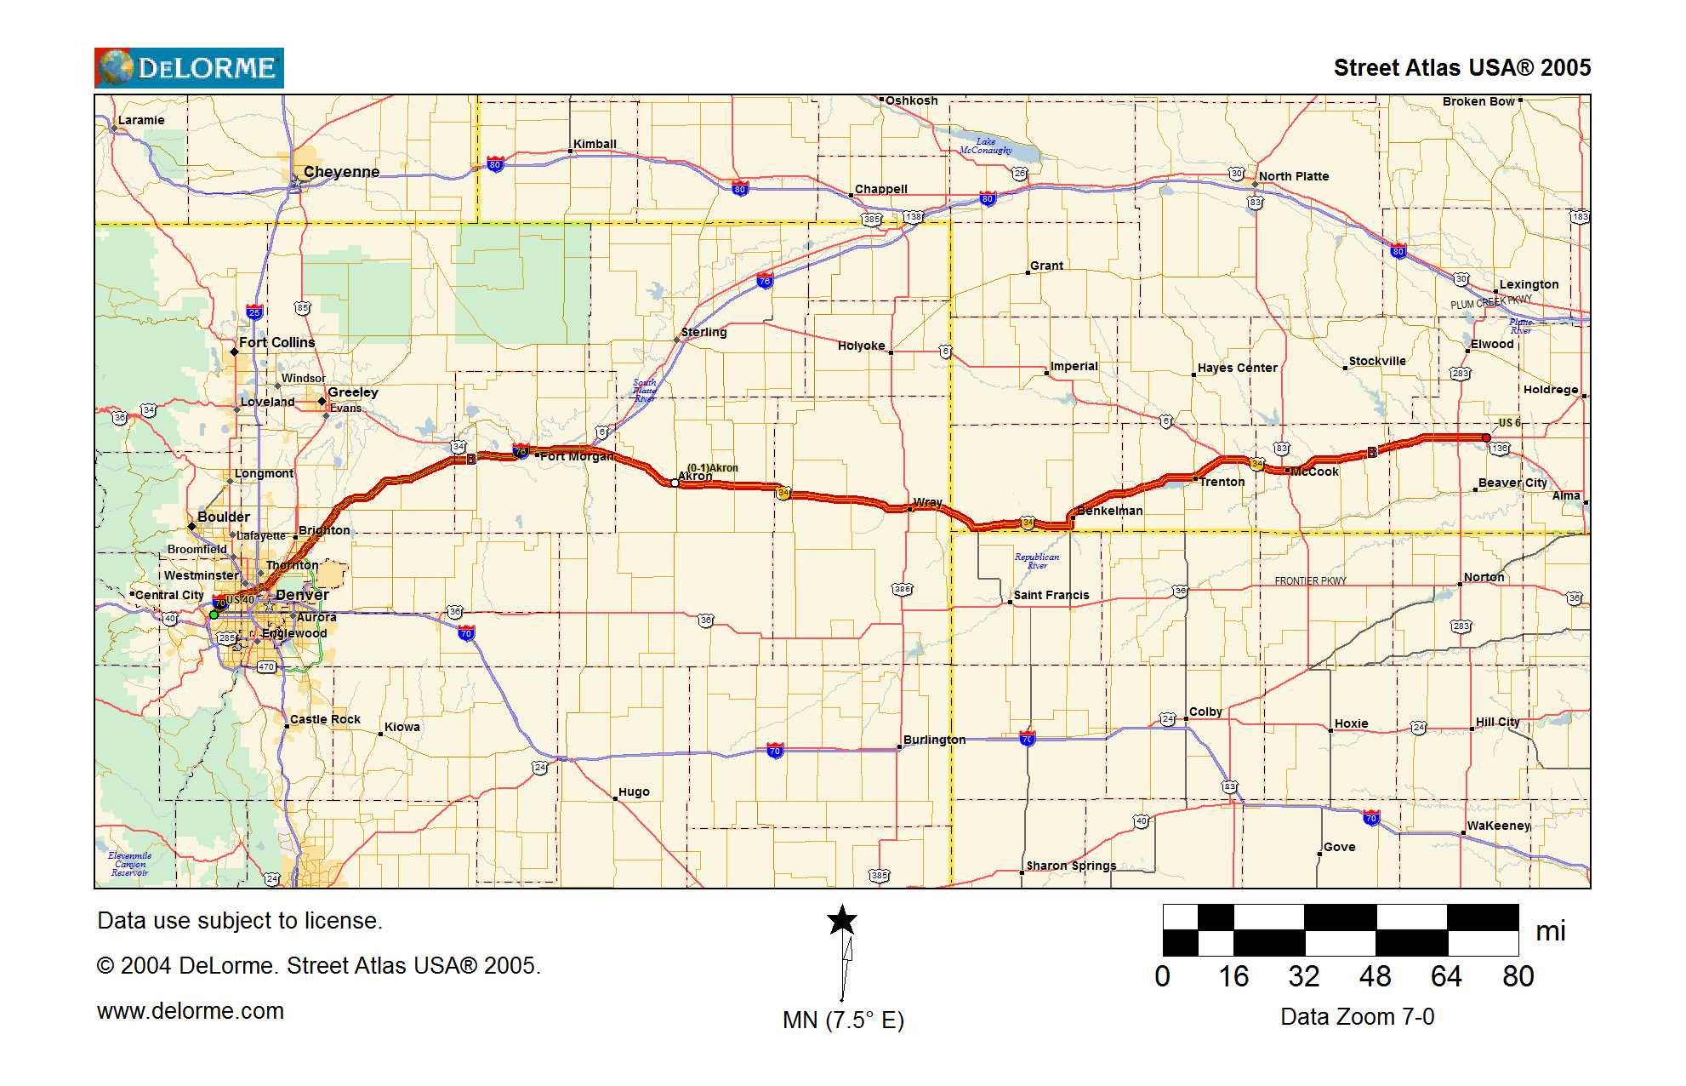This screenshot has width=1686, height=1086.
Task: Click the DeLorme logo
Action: tap(189, 68)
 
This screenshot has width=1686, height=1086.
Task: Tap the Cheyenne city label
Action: tap(341, 172)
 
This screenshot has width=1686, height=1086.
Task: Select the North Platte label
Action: tap(1293, 176)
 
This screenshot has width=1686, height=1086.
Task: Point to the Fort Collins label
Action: tap(276, 342)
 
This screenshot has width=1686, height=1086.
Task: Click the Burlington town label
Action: tap(934, 740)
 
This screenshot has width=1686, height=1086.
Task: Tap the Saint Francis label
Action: tap(1051, 595)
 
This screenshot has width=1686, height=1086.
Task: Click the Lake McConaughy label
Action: tap(986, 146)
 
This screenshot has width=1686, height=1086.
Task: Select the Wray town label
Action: tap(927, 502)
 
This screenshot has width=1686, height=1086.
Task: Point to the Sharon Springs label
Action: tap(1071, 866)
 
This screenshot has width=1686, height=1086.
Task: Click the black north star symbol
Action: tap(842, 920)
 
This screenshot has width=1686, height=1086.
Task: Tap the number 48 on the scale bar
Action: tap(1375, 976)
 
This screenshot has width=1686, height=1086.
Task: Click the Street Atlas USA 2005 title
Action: tap(1461, 68)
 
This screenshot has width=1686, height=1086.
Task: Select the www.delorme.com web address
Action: tap(191, 1011)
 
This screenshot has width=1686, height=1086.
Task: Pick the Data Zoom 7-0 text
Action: tap(1357, 1017)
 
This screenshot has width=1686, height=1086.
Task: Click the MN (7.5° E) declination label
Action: tap(843, 1020)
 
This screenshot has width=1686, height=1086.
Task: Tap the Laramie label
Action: tap(141, 120)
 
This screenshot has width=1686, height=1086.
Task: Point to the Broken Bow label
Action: tap(1478, 101)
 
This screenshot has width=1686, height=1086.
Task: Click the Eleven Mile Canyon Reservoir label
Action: tap(130, 864)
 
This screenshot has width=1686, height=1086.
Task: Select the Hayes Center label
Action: tap(1237, 368)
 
